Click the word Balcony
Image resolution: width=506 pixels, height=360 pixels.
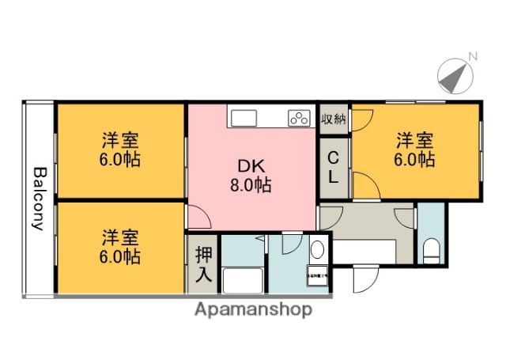(38, 198)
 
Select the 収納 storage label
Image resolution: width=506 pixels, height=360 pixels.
(334, 119)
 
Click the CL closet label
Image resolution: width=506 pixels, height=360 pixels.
(334, 168)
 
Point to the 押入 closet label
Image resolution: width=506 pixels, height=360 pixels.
(203, 265)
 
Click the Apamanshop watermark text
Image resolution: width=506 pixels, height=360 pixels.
(254, 309)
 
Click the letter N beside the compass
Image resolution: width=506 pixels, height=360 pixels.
(474, 56)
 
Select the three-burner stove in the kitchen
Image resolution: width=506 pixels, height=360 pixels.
(299, 119)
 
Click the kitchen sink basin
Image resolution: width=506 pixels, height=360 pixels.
(243, 119)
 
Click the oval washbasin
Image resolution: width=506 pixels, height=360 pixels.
(317, 251)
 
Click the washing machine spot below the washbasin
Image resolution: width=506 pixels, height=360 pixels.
(318, 278)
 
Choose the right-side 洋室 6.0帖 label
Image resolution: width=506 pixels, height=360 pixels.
(414, 150)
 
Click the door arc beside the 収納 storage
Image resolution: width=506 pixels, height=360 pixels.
(362, 119)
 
